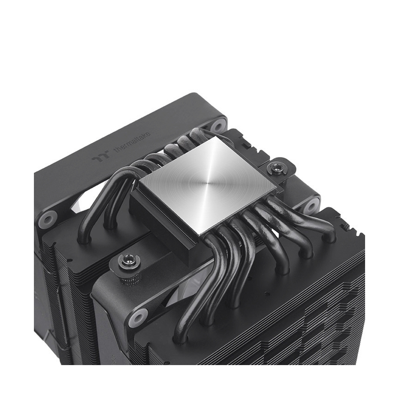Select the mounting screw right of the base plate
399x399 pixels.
[x=275, y=168]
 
